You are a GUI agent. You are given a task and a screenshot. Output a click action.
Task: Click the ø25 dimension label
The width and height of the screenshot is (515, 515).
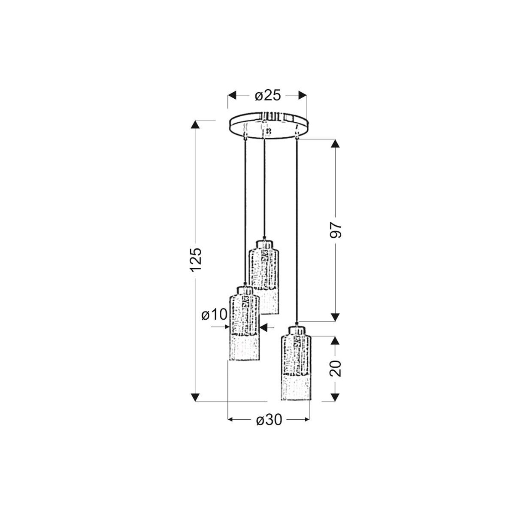267,96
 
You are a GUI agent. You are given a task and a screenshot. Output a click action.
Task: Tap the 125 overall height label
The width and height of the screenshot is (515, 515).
195,259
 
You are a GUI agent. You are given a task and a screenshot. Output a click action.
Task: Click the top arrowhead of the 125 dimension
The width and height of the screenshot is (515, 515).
195,125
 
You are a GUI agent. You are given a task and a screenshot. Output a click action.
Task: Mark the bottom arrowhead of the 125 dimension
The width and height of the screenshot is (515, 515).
195,397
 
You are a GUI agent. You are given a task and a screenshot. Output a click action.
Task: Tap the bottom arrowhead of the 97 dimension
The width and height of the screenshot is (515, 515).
336,317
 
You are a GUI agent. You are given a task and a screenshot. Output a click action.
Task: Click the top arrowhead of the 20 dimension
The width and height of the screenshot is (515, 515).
336,340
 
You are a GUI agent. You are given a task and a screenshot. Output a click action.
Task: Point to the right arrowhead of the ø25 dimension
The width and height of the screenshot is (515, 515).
303,95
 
